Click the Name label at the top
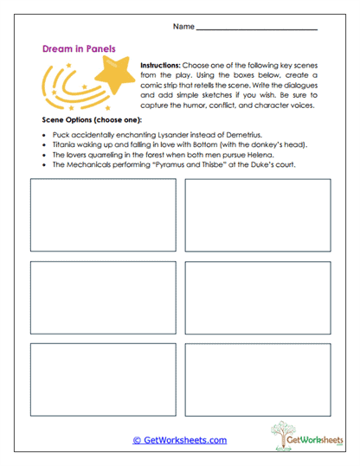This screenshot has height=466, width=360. (183, 27)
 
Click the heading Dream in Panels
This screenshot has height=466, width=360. (79, 50)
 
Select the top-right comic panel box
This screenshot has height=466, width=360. (257, 214)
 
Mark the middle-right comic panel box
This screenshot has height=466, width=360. (257, 297)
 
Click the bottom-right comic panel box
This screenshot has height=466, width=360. (257, 380)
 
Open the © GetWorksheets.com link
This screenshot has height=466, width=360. (179, 440)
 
